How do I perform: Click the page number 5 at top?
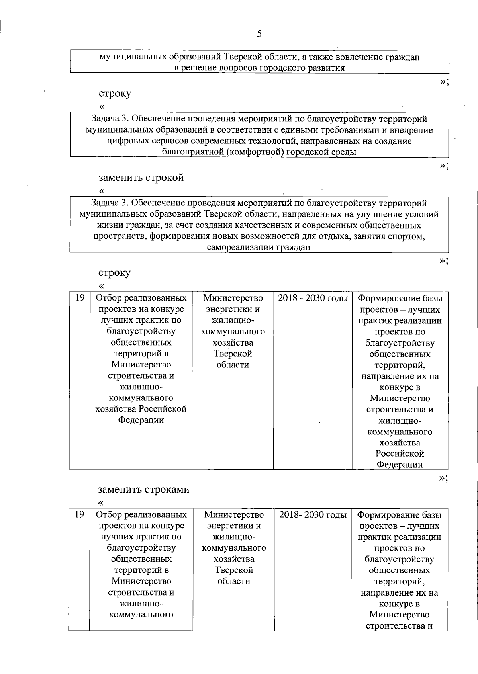259,34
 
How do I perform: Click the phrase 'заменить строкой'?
141,178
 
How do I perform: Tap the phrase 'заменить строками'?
143,490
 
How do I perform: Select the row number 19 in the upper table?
80,297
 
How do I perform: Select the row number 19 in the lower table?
79,514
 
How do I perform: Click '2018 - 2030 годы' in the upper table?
313,298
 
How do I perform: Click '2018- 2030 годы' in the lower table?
313,515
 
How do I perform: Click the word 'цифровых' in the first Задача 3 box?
129,141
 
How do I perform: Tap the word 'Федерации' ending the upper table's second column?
141,420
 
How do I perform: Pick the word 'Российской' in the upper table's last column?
400,453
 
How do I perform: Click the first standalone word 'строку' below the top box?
115,94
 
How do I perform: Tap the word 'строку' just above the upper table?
114,273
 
